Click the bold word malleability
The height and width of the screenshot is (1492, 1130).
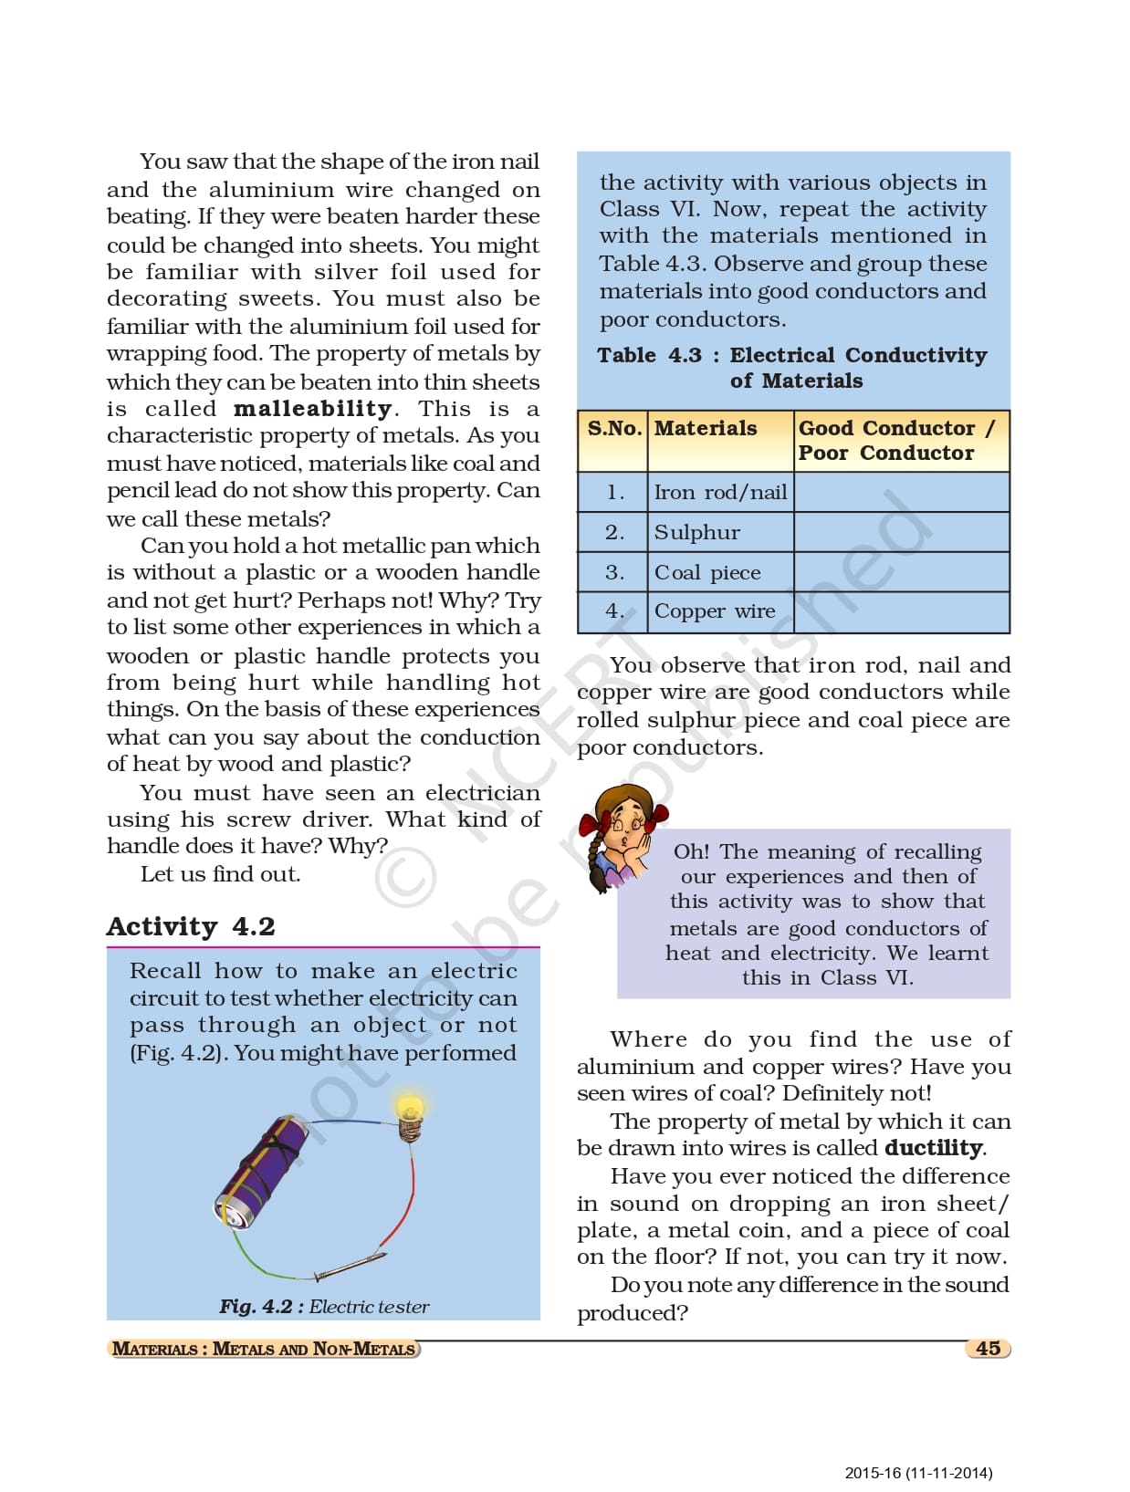(312, 409)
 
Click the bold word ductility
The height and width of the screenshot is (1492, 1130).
(934, 1148)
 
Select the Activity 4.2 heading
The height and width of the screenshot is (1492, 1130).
(190, 926)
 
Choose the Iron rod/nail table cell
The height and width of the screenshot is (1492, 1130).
(719, 493)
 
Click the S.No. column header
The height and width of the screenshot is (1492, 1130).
(613, 428)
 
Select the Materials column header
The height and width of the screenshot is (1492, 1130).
(705, 428)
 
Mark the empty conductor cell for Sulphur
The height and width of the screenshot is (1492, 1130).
(901, 532)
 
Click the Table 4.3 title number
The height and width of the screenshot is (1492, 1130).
(649, 355)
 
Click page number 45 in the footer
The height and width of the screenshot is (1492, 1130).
(988, 1349)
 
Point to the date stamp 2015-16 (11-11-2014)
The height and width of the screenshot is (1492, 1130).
(917, 1472)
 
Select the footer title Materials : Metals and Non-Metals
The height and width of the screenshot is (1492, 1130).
(263, 1349)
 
